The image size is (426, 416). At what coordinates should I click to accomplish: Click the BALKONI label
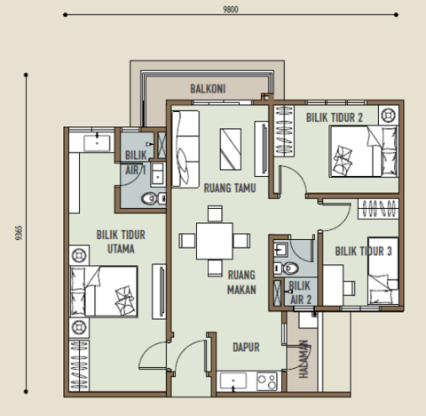click(x=209, y=89)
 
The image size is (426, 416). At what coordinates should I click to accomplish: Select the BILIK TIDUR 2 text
click(x=335, y=116)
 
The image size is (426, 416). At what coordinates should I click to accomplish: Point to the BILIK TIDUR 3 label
click(x=364, y=252)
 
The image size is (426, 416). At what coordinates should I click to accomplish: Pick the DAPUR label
click(x=246, y=348)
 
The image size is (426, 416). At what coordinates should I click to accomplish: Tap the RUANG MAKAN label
click(x=241, y=282)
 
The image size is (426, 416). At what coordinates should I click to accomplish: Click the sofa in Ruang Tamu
click(x=185, y=148)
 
